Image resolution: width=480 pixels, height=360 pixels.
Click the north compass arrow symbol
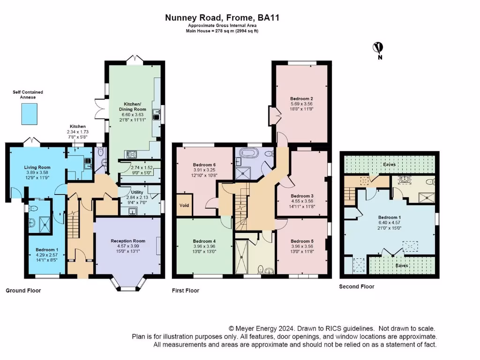click(x=378, y=48)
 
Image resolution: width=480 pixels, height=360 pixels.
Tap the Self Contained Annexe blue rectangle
click(x=30, y=114)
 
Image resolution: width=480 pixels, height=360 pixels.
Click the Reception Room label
click(x=128, y=241)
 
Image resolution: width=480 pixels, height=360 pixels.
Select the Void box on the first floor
click(x=184, y=205)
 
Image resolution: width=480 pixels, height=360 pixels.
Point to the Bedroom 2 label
click(x=301, y=98)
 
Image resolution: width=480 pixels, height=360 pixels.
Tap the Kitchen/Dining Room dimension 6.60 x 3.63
click(x=132, y=114)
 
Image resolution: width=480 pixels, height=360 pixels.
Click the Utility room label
click(x=137, y=192)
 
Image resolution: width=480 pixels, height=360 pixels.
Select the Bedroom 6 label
click(x=204, y=165)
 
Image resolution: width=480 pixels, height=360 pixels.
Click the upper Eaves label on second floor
click(x=390, y=165)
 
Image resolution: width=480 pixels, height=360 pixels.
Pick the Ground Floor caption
click(x=23, y=291)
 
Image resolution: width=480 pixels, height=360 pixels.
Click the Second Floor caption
click(x=357, y=286)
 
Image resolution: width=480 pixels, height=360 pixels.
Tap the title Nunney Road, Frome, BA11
click(x=222, y=17)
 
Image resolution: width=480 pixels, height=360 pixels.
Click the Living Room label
click(x=37, y=167)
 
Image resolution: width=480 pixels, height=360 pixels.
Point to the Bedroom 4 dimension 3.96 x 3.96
click(x=204, y=246)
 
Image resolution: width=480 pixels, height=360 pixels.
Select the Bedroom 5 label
click(x=302, y=241)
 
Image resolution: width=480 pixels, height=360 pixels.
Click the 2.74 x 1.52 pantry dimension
click(x=142, y=167)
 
